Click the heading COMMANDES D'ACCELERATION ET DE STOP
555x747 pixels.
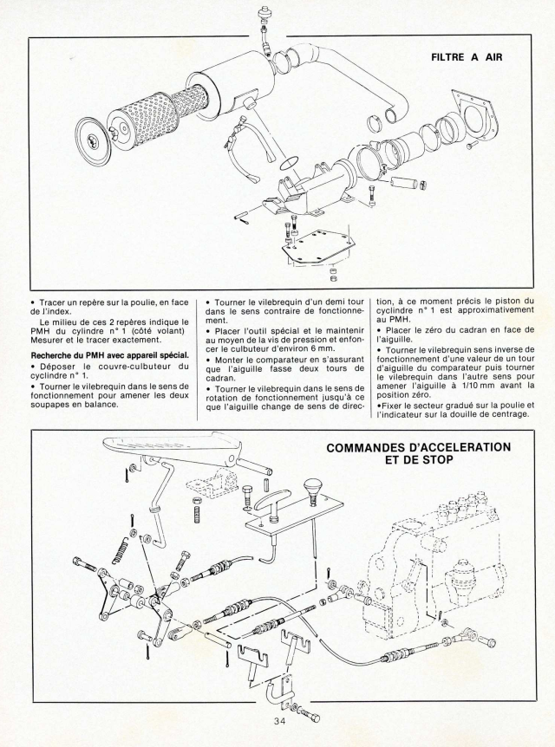click(418, 453)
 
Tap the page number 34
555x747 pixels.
click(277, 724)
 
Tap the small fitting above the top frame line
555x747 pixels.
click(263, 17)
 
